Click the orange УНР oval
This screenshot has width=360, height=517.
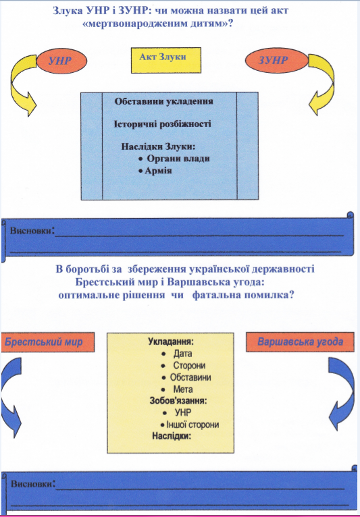click(61, 61)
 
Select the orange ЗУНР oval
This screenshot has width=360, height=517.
click(272, 60)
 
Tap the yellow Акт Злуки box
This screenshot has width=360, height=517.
click(166, 60)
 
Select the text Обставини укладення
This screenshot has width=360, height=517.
click(163, 101)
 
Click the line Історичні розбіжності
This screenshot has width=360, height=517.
click(162, 124)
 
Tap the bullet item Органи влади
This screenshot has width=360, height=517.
click(174, 159)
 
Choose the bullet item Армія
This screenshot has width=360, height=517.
click(155, 171)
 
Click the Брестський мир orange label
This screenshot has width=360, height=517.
click(47, 342)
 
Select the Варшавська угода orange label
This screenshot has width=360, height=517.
click(300, 342)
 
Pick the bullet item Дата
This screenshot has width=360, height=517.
click(177, 354)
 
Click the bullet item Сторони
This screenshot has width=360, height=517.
click(184, 365)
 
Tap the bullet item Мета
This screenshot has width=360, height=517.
click(177, 389)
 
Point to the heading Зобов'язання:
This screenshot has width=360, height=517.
click(178, 401)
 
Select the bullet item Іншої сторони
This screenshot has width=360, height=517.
click(190, 425)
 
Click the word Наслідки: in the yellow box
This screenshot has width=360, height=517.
click(172, 436)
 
